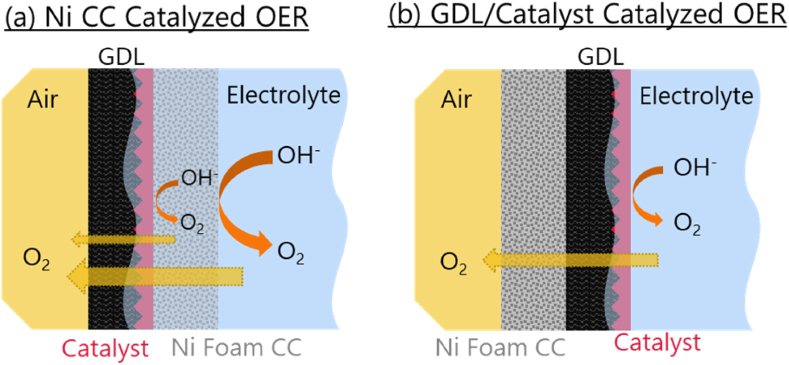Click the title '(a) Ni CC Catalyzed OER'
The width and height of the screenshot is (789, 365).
click(x=156, y=18)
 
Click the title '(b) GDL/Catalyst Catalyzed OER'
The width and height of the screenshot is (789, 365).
click(x=587, y=15)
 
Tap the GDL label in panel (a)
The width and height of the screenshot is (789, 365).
click(x=121, y=57)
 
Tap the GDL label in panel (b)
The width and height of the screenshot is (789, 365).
click(x=601, y=57)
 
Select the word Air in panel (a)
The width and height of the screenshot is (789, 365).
click(x=43, y=100)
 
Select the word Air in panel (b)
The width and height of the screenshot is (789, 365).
click(x=456, y=100)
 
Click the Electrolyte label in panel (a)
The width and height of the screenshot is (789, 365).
click(x=283, y=96)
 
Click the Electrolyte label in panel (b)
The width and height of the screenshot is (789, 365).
click(x=696, y=96)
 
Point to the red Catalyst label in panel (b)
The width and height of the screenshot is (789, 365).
click(x=657, y=343)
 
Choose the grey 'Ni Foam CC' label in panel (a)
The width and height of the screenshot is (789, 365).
click(x=236, y=348)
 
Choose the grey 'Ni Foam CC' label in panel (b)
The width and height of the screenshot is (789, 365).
click(x=500, y=348)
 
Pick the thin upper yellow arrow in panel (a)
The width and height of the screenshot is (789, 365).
click(x=126, y=240)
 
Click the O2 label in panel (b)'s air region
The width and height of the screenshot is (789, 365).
click(x=453, y=263)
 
